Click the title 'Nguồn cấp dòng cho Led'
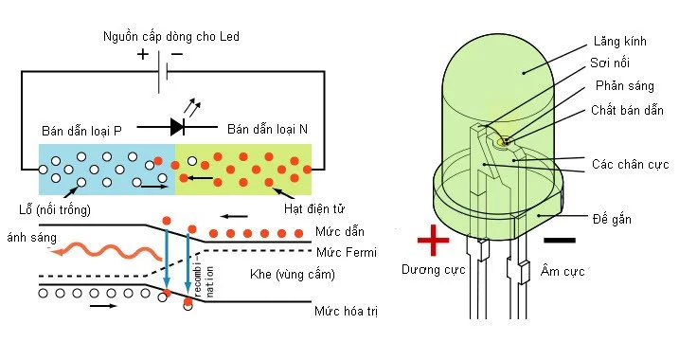click(171, 37)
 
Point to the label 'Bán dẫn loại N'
click(268, 129)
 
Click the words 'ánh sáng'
click(27, 236)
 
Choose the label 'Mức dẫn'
click(340, 232)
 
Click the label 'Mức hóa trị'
click(348, 311)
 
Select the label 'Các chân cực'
click(629, 162)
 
